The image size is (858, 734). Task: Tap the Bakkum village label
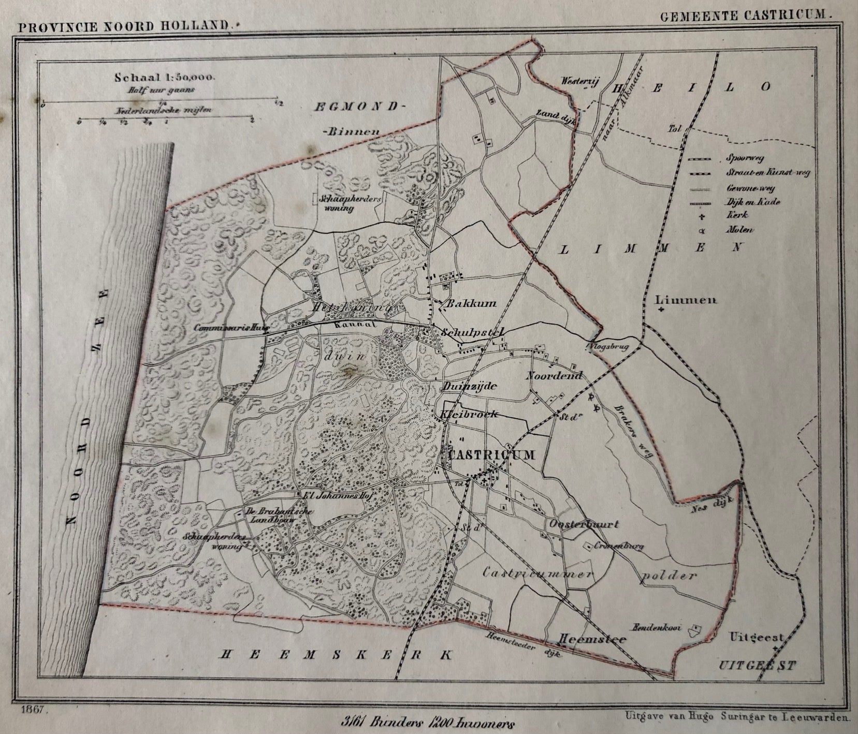click(468, 304)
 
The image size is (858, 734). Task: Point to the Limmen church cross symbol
click(661, 310)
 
